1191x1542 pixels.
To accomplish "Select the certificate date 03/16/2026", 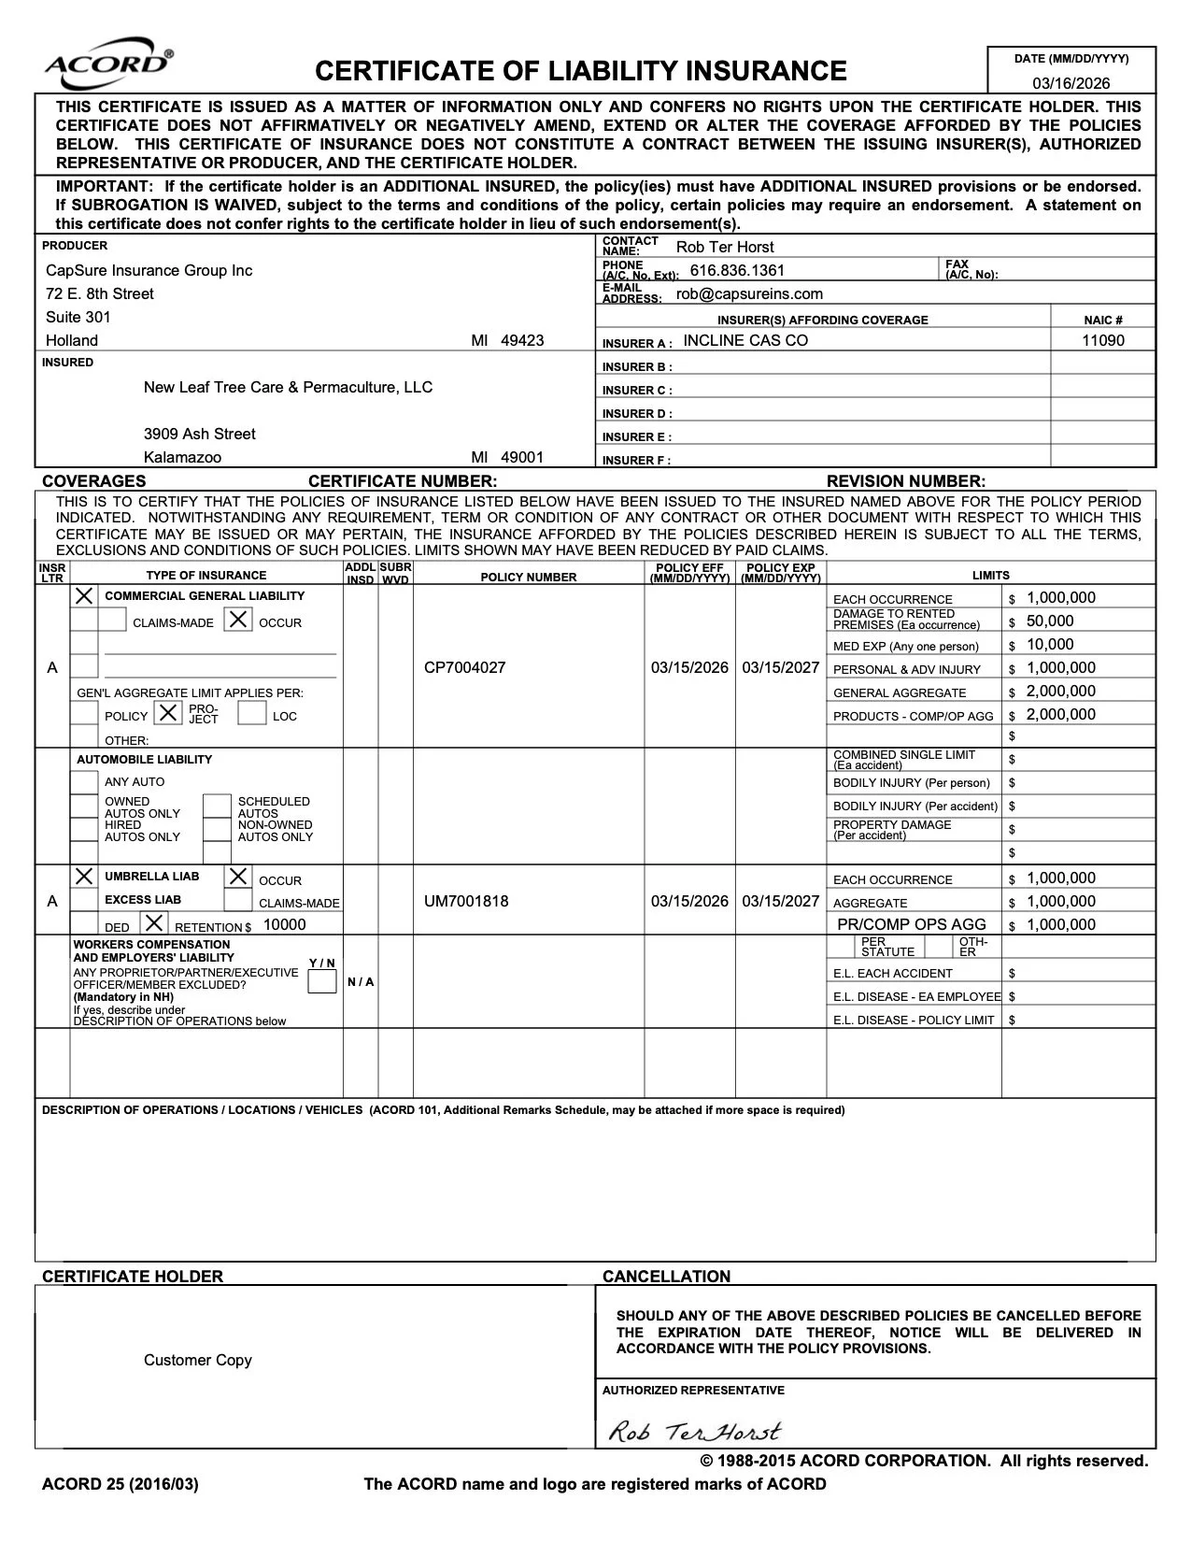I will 1070,83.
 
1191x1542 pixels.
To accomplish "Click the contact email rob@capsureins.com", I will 749,294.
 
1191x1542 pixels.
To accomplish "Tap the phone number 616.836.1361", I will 737,271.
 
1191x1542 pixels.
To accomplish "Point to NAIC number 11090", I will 1102,341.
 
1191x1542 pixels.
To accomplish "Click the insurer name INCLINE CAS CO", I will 745,341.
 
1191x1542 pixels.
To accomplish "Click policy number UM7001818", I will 466,902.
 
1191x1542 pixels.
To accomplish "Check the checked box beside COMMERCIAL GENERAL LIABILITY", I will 84,595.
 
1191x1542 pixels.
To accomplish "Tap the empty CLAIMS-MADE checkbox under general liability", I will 113,620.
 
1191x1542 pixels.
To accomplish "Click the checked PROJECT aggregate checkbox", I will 168,713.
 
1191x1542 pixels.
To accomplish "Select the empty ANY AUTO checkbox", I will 84,782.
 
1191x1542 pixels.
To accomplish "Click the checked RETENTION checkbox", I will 154,923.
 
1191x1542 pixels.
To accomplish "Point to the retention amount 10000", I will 284,925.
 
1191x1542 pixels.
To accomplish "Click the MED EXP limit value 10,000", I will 1050,645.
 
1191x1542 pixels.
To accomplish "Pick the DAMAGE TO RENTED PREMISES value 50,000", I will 1050,621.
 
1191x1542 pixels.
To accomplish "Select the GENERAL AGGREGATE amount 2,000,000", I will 1060,692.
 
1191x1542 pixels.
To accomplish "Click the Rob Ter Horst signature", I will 694,1431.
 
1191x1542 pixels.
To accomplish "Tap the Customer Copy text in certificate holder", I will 198,1361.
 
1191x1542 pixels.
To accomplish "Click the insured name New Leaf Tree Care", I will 288,388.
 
